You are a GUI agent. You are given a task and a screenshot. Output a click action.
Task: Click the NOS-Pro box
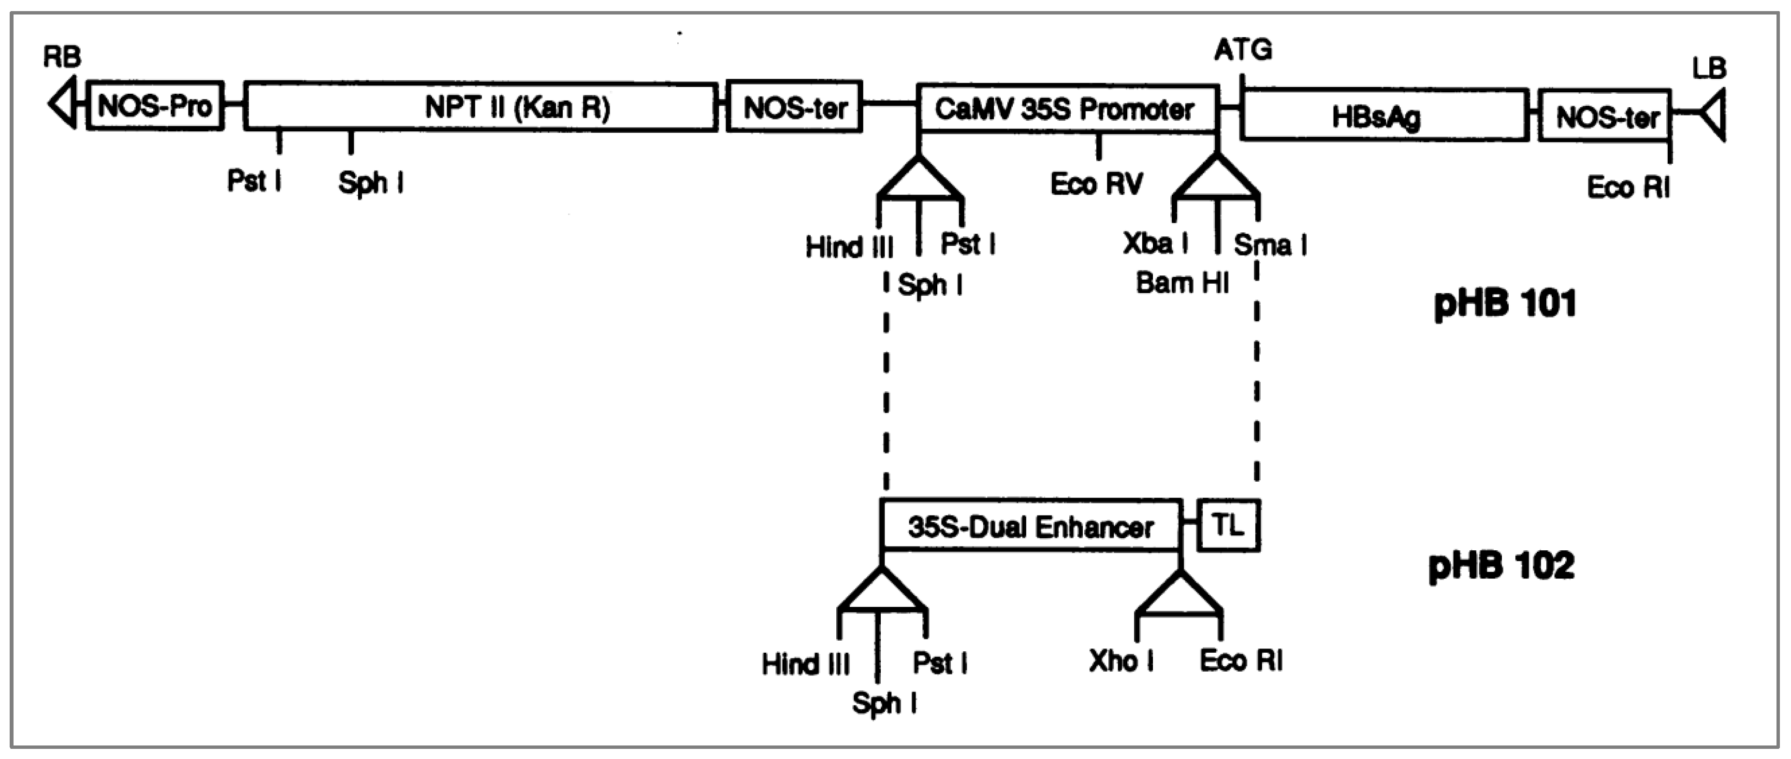(x=154, y=106)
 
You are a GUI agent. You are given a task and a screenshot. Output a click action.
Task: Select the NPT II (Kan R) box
(x=481, y=107)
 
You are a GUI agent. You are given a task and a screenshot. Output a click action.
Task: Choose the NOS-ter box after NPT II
(x=794, y=107)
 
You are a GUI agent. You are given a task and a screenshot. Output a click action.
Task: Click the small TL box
(x=1228, y=526)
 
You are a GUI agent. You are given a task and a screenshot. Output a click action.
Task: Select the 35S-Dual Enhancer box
(x=1031, y=527)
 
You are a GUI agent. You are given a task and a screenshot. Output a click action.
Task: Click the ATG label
(x=1243, y=50)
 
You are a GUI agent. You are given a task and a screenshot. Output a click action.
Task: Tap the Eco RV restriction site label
(x=1096, y=184)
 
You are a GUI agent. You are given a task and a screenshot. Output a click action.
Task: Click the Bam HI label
(x=1182, y=283)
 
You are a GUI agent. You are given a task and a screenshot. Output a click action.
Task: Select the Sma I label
(x=1269, y=244)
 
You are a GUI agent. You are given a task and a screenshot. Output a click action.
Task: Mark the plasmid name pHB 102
(x=1502, y=566)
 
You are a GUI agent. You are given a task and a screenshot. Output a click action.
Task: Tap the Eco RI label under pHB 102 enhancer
(x=1241, y=660)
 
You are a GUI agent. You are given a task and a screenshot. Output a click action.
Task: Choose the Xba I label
(x=1155, y=243)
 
